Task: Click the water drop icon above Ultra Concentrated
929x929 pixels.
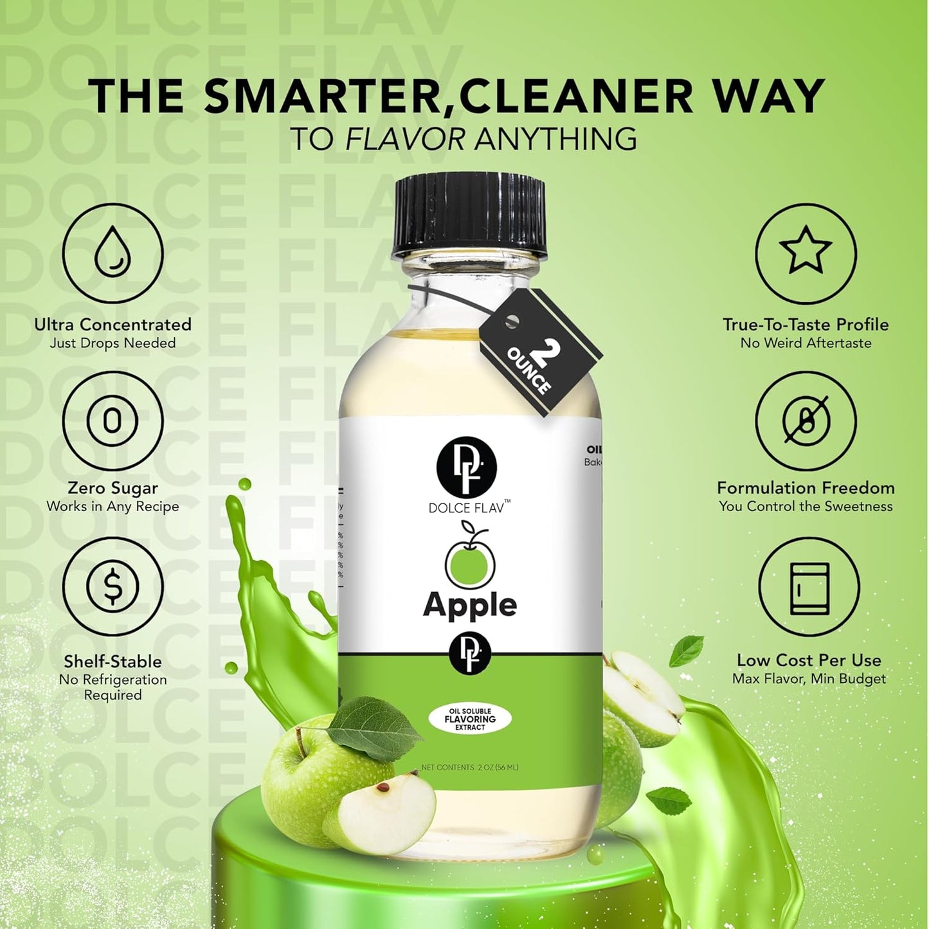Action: (x=113, y=253)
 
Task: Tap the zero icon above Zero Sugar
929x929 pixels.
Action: (x=113, y=421)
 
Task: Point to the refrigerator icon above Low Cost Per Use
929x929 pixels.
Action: (x=809, y=588)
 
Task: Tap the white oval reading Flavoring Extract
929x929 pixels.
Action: (x=470, y=719)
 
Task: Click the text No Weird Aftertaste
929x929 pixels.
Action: (x=806, y=343)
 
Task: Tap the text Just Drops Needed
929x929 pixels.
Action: (x=113, y=343)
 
